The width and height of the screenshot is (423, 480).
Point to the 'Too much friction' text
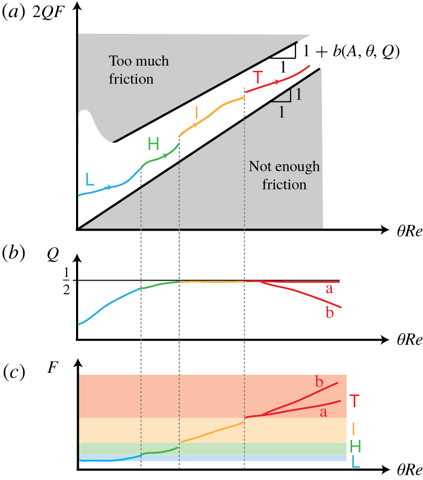pos(138,70)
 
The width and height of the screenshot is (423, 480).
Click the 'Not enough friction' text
pos(284,175)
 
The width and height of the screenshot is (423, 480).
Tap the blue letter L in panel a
pos(90,180)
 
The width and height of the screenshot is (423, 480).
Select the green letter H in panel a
pos(154,144)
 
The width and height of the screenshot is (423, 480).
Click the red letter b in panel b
pos(329,312)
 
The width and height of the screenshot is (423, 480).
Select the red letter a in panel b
pos(329,288)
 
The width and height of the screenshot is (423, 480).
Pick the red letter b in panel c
pos(319,382)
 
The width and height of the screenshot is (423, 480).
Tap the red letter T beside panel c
pos(355,401)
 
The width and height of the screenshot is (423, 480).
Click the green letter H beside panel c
pos(355,446)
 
